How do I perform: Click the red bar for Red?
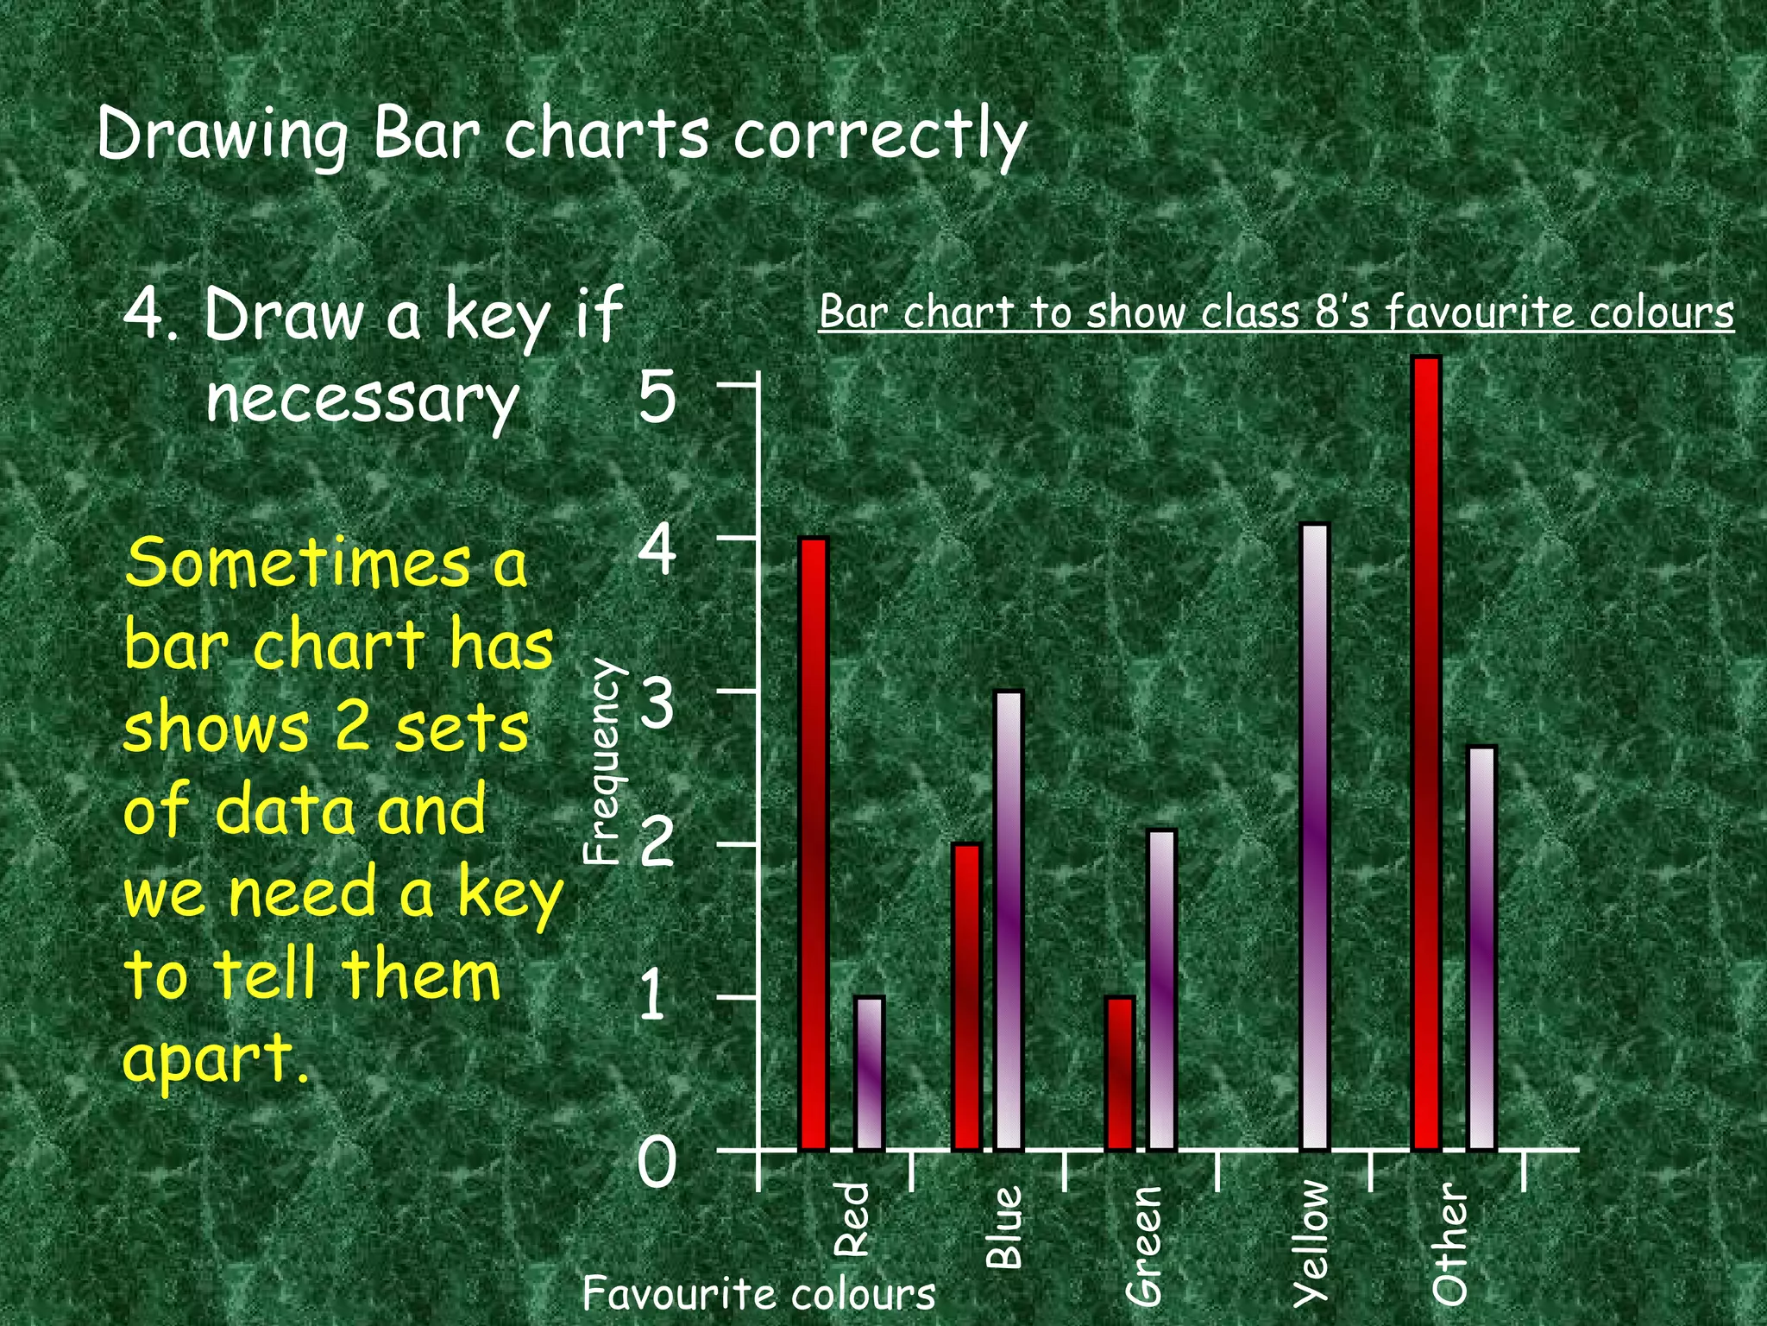[x=813, y=843]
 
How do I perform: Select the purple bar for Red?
[x=869, y=1073]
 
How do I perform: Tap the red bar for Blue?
[x=966, y=996]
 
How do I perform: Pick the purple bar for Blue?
[x=1009, y=920]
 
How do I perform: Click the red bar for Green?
[x=1119, y=1073]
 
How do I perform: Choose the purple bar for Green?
[x=1161, y=989]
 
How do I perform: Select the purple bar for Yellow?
[x=1314, y=837]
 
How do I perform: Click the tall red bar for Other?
[x=1426, y=753]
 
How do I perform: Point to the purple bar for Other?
[x=1481, y=948]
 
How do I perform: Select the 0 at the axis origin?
[x=657, y=1162]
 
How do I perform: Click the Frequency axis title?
[x=601, y=761]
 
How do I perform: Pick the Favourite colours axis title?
[x=758, y=1293]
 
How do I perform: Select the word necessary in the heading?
[x=362, y=400]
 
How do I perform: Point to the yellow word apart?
[x=216, y=1058]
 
